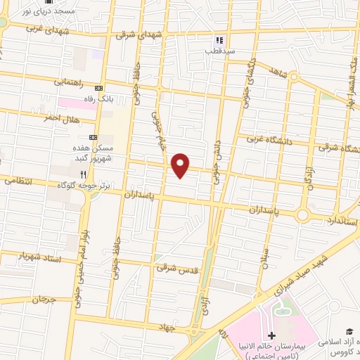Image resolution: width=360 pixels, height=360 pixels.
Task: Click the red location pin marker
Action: tap(181, 165)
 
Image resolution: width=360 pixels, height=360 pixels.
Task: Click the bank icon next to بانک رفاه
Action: tap(98, 88)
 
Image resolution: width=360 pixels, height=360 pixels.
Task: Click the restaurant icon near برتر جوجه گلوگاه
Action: tap(83, 174)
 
